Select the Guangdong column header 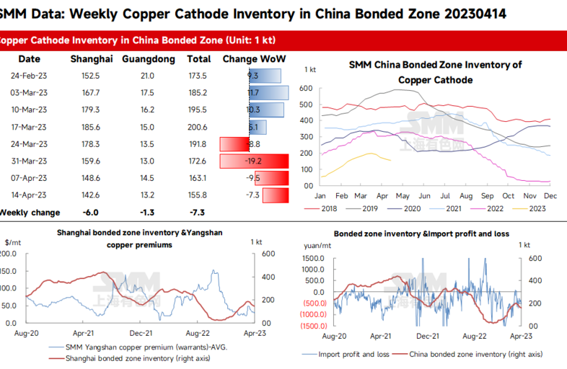149,59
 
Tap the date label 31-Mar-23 30,161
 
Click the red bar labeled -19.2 253,161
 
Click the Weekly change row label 30,213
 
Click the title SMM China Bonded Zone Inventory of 435,65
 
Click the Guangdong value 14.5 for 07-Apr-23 149,178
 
